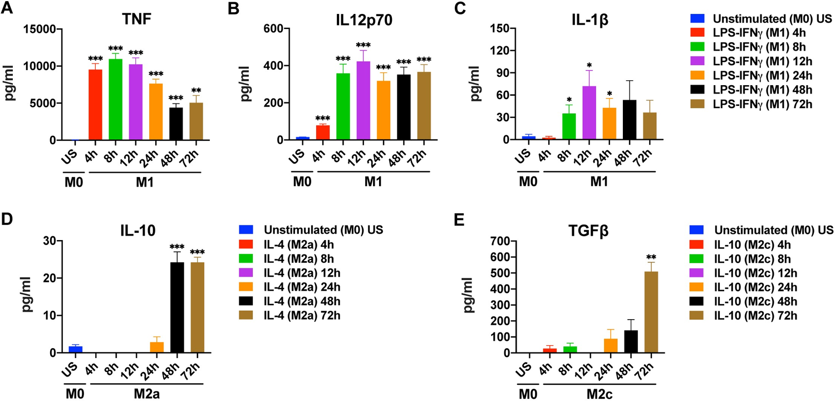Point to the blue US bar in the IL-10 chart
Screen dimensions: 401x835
(75, 349)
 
